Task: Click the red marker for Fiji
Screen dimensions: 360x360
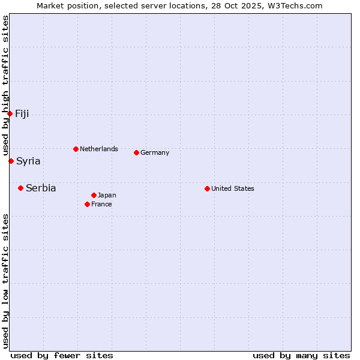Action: point(10,113)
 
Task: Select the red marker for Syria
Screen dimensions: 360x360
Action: point(11,161)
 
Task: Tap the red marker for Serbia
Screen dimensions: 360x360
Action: point(20,188)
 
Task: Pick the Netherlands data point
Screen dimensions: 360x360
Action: point(76,149)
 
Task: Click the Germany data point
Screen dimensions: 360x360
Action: point(136,152)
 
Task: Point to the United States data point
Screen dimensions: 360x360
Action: point(207,188)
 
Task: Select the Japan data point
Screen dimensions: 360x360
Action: point(94,195)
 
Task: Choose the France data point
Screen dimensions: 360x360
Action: point(87,204)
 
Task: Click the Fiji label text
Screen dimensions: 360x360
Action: point(22,114)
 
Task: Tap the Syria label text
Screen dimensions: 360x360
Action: point(28,161)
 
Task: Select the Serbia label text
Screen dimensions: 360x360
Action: point(41,188)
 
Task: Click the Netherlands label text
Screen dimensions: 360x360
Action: point(99,149)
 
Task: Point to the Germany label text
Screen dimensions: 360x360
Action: point(155,152)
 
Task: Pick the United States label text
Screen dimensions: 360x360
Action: point(233,188)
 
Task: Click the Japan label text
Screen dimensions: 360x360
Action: point(107,195)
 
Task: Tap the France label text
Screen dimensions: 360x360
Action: point(101,204)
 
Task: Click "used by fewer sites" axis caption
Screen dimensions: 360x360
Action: point(62,355)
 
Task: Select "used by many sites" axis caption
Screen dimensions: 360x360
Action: point(301,355)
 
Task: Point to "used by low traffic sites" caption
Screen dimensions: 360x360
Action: point(5,281)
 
